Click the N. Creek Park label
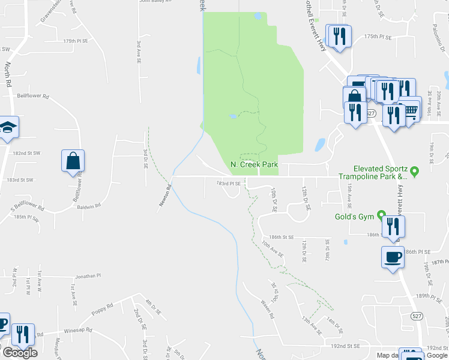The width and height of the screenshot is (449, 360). tap(254, 164)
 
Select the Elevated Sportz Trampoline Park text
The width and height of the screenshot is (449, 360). tap(381, 173)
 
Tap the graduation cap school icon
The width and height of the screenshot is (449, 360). tap(8, 127)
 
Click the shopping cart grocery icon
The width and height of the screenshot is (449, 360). tap(411, 110)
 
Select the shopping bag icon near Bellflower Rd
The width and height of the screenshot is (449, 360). tap(73, 161)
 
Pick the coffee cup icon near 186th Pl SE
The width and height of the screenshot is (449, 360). tap(393, 257)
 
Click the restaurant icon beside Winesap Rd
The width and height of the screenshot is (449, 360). tap(23, 335)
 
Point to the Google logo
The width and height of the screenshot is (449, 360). tap(19, 353)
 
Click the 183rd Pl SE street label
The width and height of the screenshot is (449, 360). tap(228, 183)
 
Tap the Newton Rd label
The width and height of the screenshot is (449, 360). tap(165, 196)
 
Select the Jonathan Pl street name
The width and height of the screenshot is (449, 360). tap(88, 277)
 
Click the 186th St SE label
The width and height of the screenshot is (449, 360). tap(282, 238)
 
